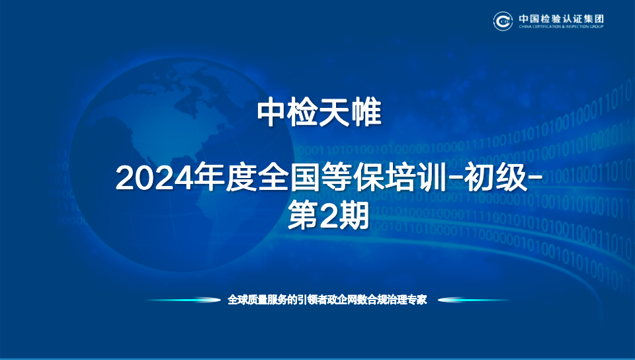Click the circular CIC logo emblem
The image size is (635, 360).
point(503,21)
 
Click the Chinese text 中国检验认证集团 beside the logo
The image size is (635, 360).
point(562,19)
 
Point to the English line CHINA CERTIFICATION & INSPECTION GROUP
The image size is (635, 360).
point(562,26)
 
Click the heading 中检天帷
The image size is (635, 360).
point(319,112)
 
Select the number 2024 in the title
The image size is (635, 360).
point(154,179)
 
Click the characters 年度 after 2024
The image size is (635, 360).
point(225,178)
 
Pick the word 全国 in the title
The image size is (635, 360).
point(289,178)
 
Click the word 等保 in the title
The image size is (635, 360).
point(352,178)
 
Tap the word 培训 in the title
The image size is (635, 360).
point(415,178)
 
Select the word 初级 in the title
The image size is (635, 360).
point(496,178)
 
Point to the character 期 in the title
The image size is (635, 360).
point(353,216)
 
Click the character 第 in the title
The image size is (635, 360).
point(303,216)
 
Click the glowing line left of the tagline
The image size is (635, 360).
point(183,300)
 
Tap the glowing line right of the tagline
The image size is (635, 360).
point(474,300)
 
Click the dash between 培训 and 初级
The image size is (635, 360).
point(454,178)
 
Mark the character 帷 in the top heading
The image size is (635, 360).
point(366,112)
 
